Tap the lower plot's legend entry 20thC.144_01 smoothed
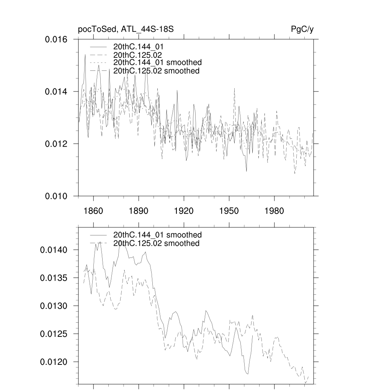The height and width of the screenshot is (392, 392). coord(157,235)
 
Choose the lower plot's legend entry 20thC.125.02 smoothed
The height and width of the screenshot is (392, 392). coord(156,243)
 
